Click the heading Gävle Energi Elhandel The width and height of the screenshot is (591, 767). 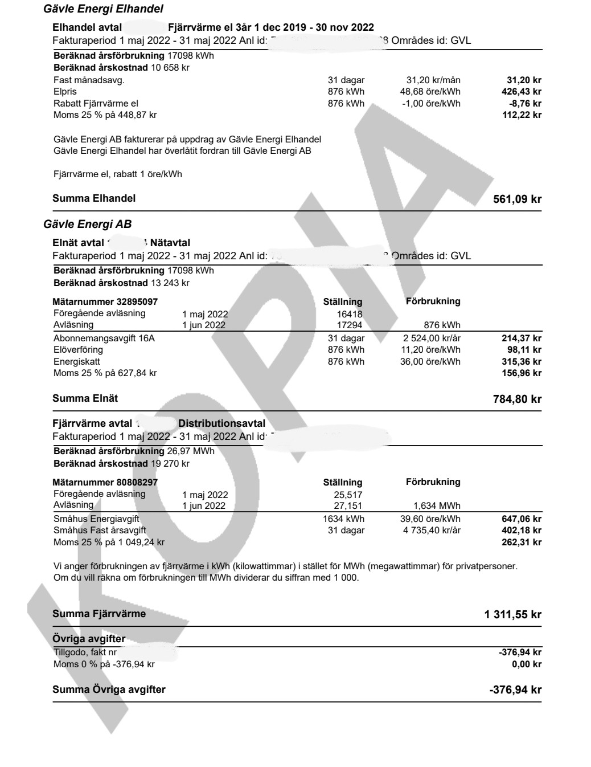[103, 9]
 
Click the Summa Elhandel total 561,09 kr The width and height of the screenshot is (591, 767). [517, 199]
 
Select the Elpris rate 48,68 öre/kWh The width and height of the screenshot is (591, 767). [430, 92]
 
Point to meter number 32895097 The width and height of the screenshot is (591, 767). [105, 301]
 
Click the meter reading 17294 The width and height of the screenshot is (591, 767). [350, 325]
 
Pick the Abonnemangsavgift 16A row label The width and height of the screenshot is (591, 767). [104, 338]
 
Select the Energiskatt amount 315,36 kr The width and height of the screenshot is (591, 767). [521, 362]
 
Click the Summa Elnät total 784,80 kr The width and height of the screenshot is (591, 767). [517, 399]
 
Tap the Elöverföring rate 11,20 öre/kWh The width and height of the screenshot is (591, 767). [430, 350]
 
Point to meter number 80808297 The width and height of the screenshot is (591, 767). [105, 482]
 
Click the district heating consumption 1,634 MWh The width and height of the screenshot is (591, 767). [437, 505]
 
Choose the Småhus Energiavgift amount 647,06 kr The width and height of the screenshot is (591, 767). [521, 519]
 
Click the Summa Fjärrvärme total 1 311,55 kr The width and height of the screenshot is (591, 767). [512, 614]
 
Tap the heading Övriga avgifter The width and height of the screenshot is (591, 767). [89, 639]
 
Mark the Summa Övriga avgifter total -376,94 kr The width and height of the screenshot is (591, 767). [515, 690]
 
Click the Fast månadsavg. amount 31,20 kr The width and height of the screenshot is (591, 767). [524, 80]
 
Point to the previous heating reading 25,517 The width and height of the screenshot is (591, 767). [348, 495]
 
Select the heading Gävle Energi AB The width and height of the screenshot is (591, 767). [87, 225]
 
